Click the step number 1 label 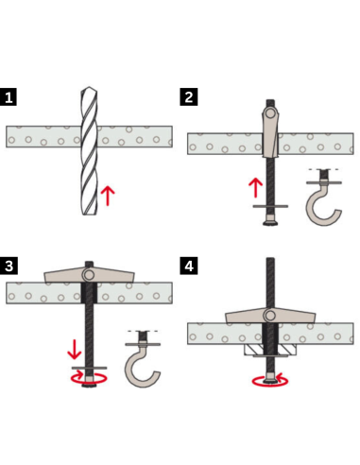pyautogui.click(x=9, y=97)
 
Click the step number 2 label pyautogui.click(x=189, y=97)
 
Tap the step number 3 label pyautogui.click(x=9, y=266)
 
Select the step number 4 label pyautogui.click(x=189, y=266)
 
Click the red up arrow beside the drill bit pyautogui.click(x=108, y=196)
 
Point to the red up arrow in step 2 pyautogui.click(x=255, y=188)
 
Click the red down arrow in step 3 pyautogui.click(x=75, y=349)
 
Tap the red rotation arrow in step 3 pyautogui.click(x=89, y=378)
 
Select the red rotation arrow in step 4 pyautogui.click(x=270, y=381)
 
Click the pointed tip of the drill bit pyautogui.click(x=89, y=88)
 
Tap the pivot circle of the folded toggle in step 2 pyautogui.click(x=270, y=113)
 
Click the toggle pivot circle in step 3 pyautogui.click(x=89, y=275)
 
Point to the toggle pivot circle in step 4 pyautogui.click(x=270, y=316)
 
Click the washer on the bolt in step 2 pyautogui.click(x=270, y=206)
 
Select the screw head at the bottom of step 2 pyautogui.click(x=270, y=223)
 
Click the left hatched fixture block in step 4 pyautogui.click(x=253, y=349)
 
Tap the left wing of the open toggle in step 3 pyautogui.click(x=64, y=275)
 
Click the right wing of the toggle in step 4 pyautogui.click(x=295, y=316)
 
